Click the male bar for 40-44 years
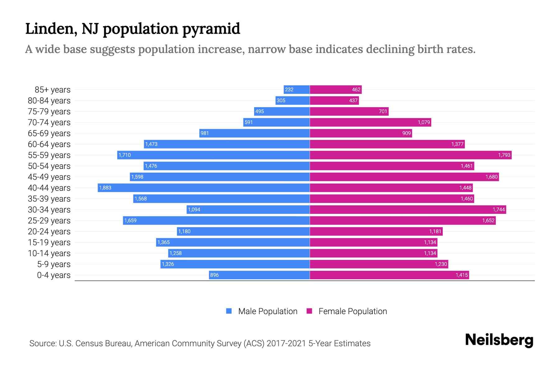(204, 188)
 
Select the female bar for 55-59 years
(411, 155)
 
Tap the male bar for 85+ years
(296, 89)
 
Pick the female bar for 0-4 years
(389, 275)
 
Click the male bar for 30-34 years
(248, 209)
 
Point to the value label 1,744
(499, 209)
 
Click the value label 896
(214, 275)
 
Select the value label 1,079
(424, 122)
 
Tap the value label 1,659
(130, 220)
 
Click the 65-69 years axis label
(49, 133)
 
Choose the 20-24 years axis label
(49, 231)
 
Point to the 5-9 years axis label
(54, 264)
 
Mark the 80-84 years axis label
(49, 100)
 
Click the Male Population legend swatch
(229, 311)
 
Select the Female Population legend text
(352, 311)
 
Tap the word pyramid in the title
(211, 29)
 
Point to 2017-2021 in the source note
(286, 343)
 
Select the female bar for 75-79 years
(349, 111)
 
